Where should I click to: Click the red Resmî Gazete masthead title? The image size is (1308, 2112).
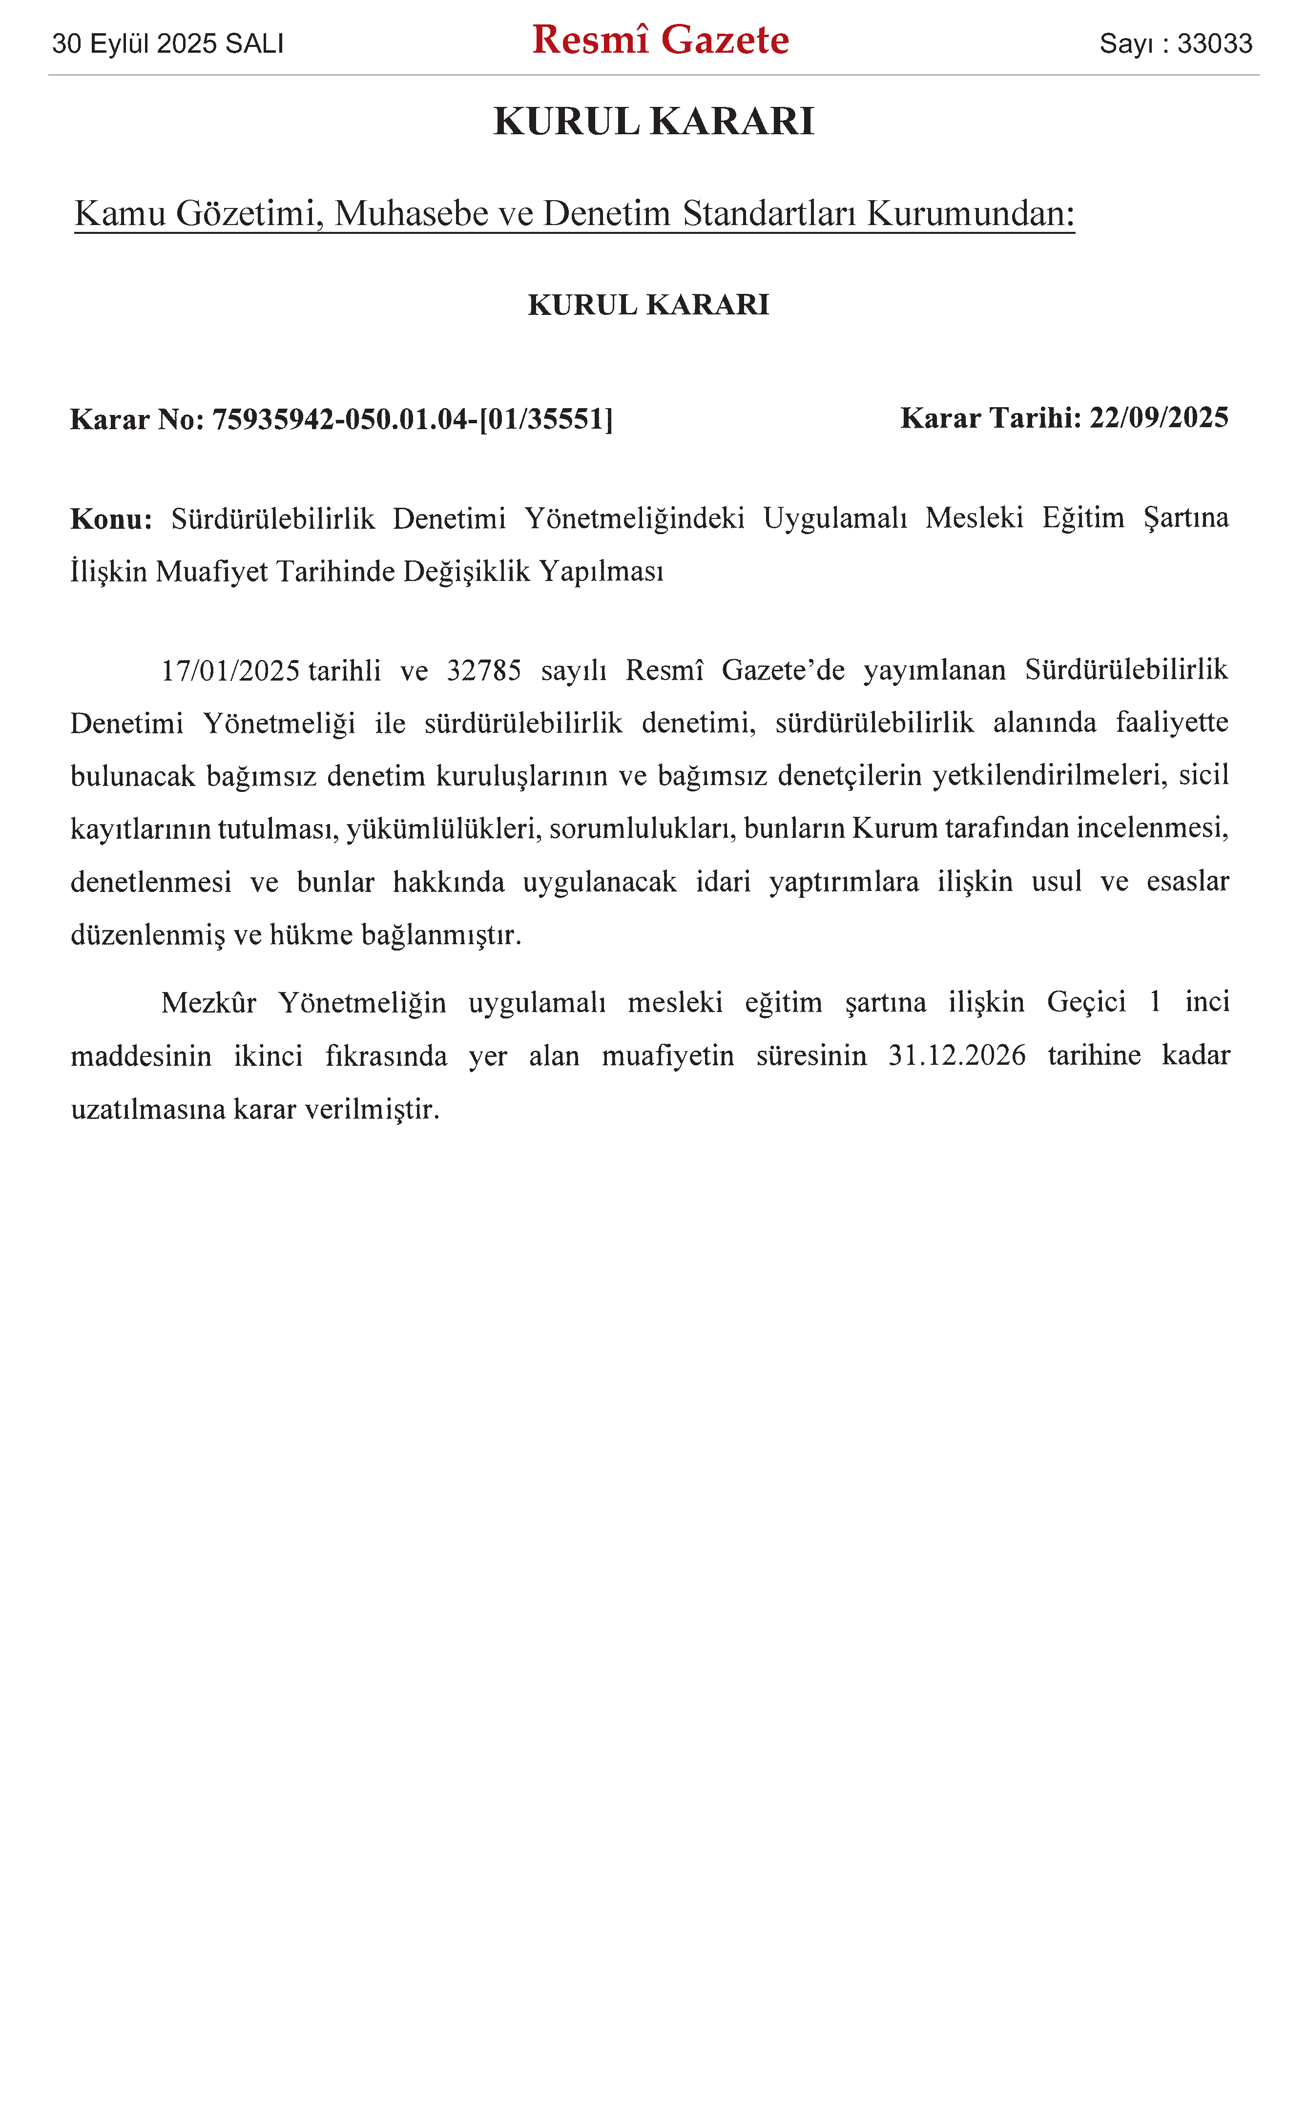point(660,40)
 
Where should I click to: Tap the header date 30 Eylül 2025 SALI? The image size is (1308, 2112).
point(168,43)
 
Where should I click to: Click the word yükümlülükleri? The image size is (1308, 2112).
point(444,828)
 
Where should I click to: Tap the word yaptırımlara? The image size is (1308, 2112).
point(844,882)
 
